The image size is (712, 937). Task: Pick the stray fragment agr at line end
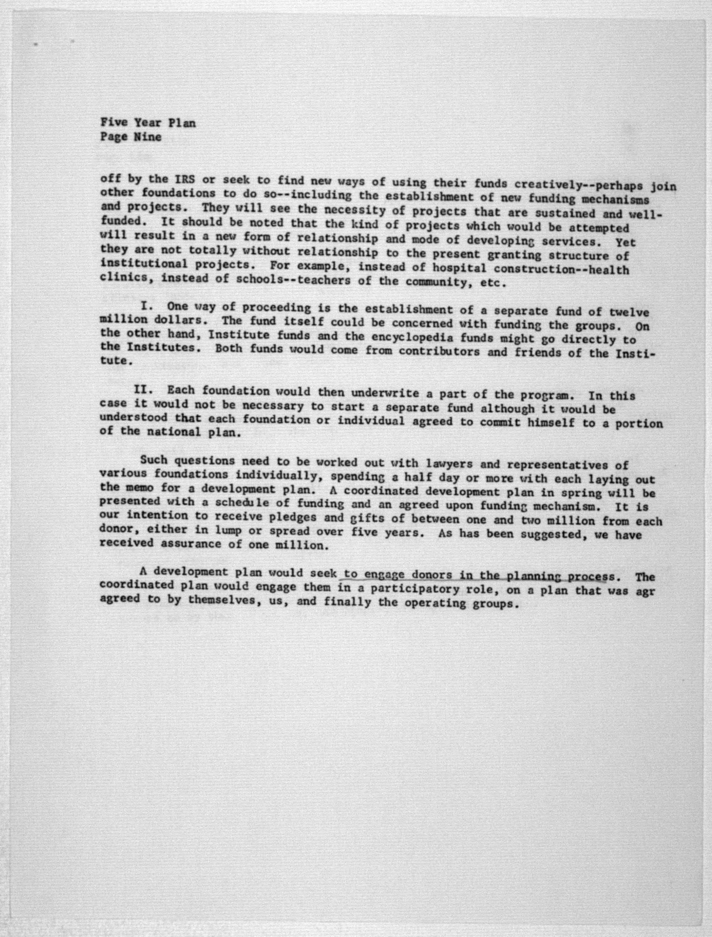645,591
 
